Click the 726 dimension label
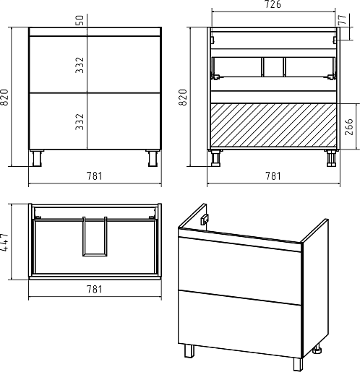[273, 4]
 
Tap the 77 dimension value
[343, 20]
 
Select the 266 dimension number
[349, 127]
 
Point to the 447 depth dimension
[4, 243]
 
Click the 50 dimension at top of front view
[80, 20]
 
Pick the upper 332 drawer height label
[80, 65]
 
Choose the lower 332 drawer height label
[80, 122]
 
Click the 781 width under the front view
[95, 176]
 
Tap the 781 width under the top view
[95, 289]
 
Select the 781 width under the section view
[273, 176]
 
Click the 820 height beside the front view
[4, 98]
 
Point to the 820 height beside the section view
[183, 98]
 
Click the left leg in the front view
[37, 158]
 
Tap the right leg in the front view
[153, 158]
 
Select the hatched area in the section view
[273, 125]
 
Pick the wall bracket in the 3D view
[205, 220]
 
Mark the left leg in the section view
[216, 158]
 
